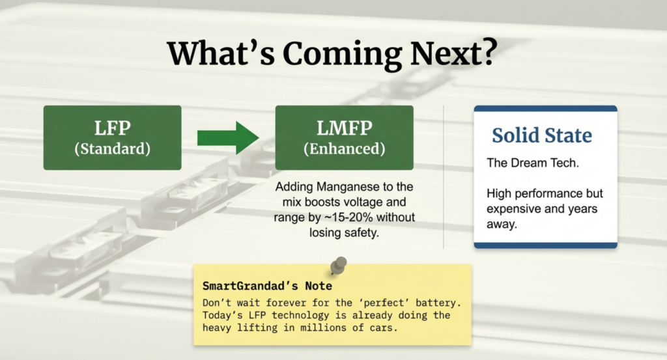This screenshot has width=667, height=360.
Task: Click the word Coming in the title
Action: pos(342,55)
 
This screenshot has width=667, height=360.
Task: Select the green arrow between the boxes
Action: pos(228,138)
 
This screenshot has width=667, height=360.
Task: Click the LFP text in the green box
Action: pos(112,128)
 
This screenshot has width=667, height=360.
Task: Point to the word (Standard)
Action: pos(112,149)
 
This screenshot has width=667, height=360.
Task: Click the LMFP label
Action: pos(344,128)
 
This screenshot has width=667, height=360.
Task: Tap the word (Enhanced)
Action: pos(344,149)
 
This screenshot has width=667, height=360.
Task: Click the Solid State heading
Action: pos(542,135)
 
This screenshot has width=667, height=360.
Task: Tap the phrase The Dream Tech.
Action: pos(533,163)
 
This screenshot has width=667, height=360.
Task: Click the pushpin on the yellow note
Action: pos(338,266)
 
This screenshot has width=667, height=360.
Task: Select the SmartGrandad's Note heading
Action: pos(267,286)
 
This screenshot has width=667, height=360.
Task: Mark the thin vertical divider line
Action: pos(443,177)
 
